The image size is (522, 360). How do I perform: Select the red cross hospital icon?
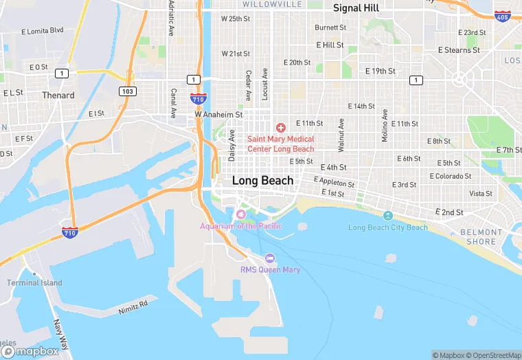(280, 128)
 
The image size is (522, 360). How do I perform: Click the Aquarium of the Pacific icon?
(240, 216)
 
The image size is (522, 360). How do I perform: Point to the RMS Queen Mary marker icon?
(269, 258)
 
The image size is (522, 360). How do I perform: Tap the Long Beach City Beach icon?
(387, 216)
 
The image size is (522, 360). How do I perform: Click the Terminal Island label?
(34, 282)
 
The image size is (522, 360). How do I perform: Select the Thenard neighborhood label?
(58, 95)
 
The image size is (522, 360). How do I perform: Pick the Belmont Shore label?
(481, 237)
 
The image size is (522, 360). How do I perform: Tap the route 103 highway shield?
(126, 91)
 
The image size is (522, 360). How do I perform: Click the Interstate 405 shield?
(503, 15)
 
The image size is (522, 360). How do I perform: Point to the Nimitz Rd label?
(135, 303)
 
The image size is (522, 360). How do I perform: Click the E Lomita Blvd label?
(43, 31)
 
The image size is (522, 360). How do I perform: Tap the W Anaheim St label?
(219, 115)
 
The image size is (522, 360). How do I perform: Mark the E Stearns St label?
(459, 50)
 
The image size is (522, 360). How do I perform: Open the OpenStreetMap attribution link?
(493, 355)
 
